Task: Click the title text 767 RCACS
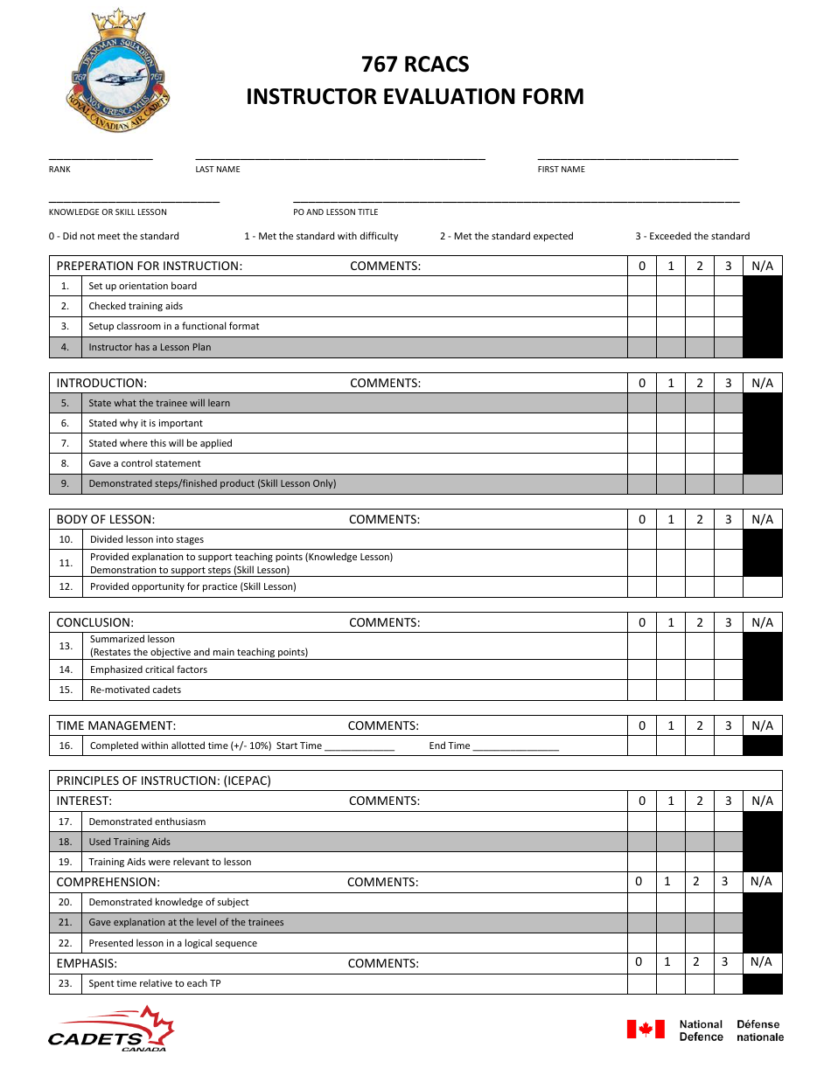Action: coord(415,65)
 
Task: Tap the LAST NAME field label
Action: coord(217,170)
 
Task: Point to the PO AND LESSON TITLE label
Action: coord(335,212)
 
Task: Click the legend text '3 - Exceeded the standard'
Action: coord(692,236)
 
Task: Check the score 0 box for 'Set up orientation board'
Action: coord(642,286)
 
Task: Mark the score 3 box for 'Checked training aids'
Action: coord(728,306)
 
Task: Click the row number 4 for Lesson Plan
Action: coord(65,347)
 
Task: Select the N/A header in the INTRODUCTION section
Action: coord(762,383)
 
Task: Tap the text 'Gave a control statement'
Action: coord(144,463)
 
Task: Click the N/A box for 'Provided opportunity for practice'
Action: coord(762,586)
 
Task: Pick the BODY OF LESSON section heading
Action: coord(105,519)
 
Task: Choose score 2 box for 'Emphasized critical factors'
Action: coord(699,669)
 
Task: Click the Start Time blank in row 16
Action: coord(360,746)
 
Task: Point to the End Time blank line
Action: coord(515,746)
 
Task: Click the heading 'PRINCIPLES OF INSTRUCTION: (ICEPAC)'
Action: coord(164,780)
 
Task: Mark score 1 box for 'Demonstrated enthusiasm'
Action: coord(671,822)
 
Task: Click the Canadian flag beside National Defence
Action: coord(646,1030)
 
